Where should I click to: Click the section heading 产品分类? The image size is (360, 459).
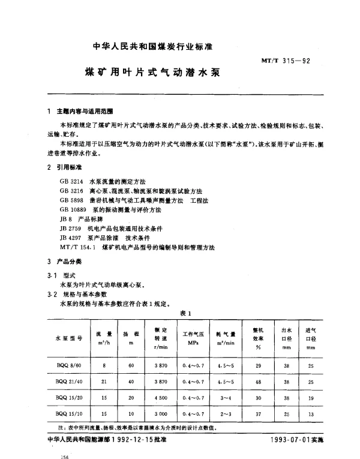[x=68, y=263]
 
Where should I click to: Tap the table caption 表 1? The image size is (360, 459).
[x=185, y=314]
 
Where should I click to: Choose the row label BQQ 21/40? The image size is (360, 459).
[x=68, y=382]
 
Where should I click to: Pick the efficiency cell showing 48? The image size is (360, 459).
[x=259, y=382]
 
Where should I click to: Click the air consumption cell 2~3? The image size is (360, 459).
[x=226, y=415]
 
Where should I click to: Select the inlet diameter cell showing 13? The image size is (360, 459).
[x=311, y=415]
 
